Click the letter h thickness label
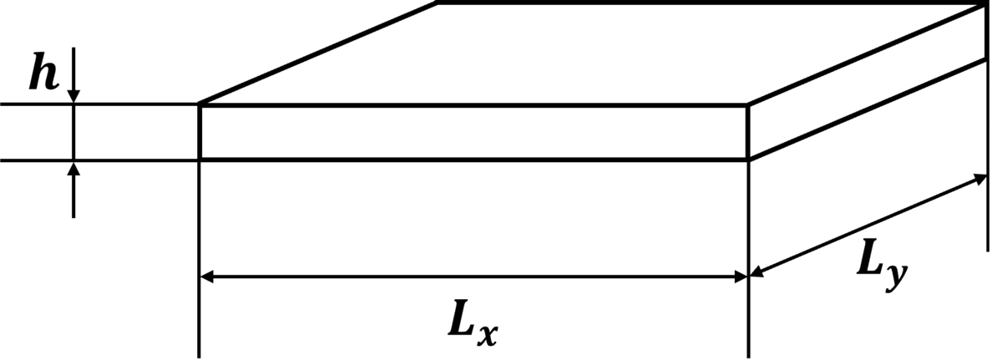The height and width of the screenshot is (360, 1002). [x=43, y=72]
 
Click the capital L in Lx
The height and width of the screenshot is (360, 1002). [x=461, y=318]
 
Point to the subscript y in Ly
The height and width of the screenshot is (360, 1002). [x=896, y=277]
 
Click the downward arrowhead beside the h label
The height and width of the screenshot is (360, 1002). [x=73, y=97]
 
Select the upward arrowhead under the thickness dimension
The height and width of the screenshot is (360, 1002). [x=73, y=168]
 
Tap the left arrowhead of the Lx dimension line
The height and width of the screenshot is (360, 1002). [x=207, y=276]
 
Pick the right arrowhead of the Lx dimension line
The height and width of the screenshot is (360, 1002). [x=741, y=276]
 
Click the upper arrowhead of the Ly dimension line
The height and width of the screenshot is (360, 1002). [x=979, y=180]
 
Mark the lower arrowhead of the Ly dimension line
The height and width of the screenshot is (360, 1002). [x=757, y=271]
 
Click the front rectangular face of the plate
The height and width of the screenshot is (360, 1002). [x=474, y=132]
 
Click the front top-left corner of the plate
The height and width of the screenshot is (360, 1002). [x=200, y=104]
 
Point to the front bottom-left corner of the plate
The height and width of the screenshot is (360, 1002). [x=200, y=160]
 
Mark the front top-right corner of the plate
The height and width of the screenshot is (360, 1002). [x=748, y=105]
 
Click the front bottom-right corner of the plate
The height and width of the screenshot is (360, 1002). [x=748, y=160]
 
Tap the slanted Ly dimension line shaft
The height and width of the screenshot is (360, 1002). [x=868, y=226]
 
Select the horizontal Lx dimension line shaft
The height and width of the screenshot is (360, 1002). [x=474, y=276]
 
